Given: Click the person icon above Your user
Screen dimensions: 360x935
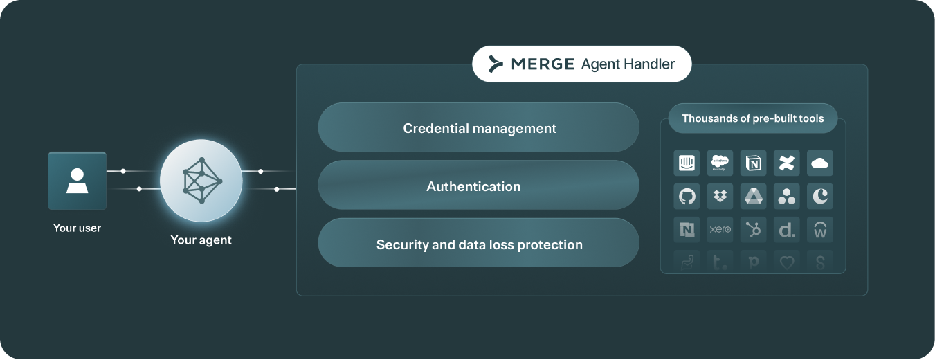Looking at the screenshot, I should [x=77, y=181].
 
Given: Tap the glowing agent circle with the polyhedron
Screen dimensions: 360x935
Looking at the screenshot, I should [x=201, y=181].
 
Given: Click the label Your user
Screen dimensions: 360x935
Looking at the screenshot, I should [x=77, y=228].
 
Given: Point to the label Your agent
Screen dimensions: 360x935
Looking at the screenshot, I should [x=201, y=240].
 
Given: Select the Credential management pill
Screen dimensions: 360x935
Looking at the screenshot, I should [x=479, y=128].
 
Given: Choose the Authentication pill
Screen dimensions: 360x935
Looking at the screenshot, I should [x=479, y=186].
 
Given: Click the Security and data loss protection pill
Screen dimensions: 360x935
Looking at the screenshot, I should [x=479, y=244].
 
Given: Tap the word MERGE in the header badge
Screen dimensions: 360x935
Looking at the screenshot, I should [x=543, y=64].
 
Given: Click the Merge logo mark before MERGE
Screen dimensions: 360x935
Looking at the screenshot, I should [x=495, y=64].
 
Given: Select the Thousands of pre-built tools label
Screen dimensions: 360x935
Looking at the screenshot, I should [x=752, y=118].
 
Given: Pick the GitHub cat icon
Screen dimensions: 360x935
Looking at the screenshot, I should [x=687, y=196].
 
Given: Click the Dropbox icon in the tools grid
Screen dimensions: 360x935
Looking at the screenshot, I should [x=720, y=196].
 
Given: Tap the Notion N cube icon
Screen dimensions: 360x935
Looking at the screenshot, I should [x=753, y=163].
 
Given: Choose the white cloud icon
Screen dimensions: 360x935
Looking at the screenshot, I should [x=819, y=163].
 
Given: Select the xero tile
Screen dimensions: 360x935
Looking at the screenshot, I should [x=720, y=229].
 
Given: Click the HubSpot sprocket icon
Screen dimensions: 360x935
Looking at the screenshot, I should [x=753, y=229].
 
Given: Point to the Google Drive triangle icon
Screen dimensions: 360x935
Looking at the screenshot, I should [x=753, y=196].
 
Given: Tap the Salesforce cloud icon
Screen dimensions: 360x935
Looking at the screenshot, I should [x=720, y=163].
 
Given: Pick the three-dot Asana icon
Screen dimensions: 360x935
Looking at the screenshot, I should [x=786, y=196].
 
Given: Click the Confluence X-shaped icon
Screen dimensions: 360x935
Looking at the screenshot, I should [x=786, y=163].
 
